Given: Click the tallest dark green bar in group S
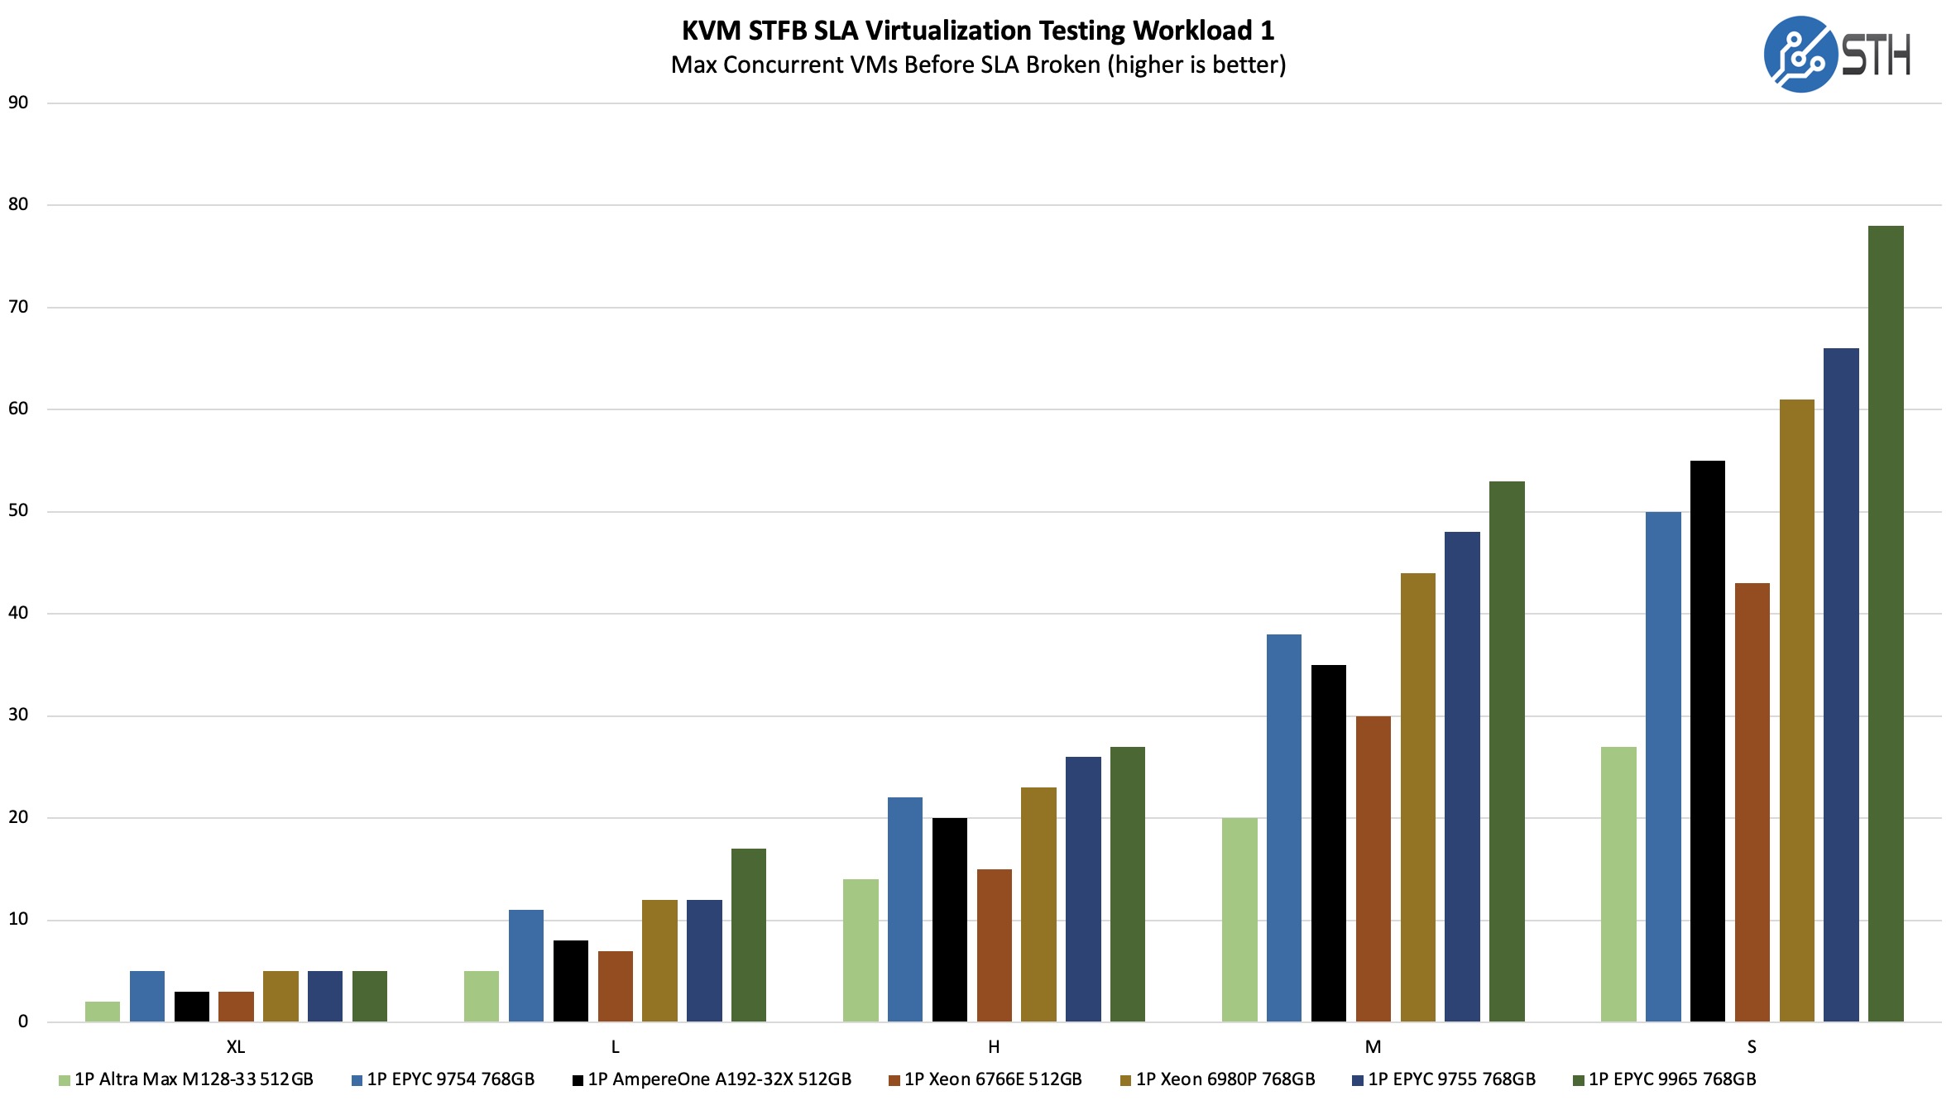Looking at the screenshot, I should click(1886, 624).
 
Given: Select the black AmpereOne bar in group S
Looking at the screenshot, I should click(1707, 741).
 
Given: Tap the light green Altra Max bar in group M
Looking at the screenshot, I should click(1239, 920).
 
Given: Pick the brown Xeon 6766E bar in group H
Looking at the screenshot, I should click(994, 945).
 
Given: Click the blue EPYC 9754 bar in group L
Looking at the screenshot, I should click(526, 965).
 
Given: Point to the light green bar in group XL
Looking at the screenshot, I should click(103, 1012).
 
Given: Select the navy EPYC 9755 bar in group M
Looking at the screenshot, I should click(1462, 777).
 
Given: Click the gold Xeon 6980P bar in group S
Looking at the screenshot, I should click(1796, 710).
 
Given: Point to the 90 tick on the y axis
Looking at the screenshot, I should click(18, 103).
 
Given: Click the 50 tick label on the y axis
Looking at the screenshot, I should click(18, 510).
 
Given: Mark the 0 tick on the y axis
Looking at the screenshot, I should click(23, 1021).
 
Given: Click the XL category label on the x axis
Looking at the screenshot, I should click(236, 1047).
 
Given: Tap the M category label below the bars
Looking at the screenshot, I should click(1373, 1047).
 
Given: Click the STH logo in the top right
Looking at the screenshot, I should click(1836, 55).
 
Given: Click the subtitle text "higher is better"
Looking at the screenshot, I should click(1197, 65).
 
